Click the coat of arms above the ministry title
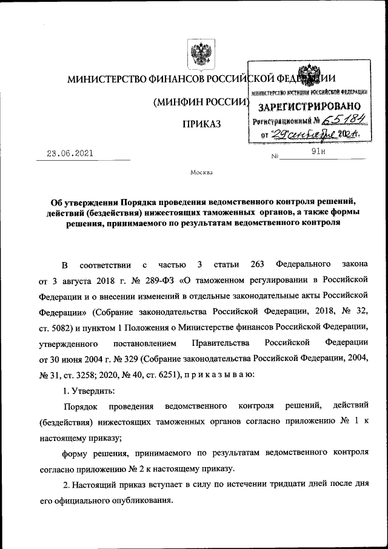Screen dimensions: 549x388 198,54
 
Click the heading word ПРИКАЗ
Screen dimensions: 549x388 201,124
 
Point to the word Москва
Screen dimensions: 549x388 201,172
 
